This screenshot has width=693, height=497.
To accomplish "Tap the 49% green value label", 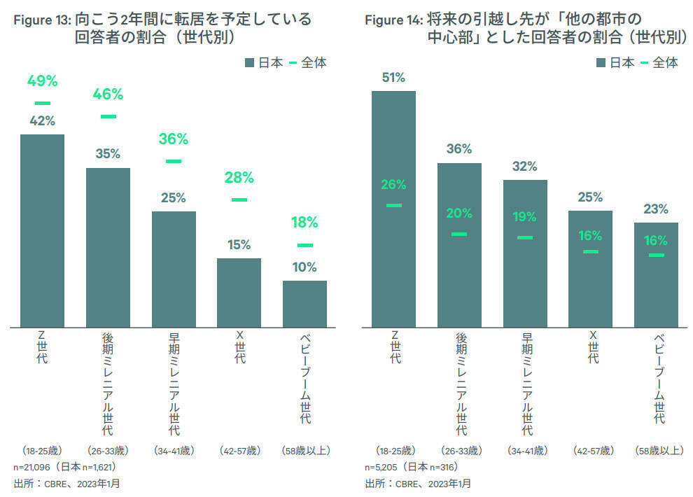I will point(42,81).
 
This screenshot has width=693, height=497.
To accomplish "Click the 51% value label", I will point(393,78).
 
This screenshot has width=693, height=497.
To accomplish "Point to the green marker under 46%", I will point(108,116).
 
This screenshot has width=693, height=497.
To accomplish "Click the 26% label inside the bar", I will point(393,185).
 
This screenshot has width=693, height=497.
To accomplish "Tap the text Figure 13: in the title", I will point(43,20).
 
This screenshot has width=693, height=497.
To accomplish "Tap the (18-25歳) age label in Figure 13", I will point(43,450).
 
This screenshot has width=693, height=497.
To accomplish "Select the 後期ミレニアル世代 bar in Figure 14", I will point(459,244).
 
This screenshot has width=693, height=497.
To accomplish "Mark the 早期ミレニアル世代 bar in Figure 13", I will point(174,269).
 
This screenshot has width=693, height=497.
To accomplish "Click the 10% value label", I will point(304,267).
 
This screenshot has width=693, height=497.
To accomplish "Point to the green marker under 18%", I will point(304,245).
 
